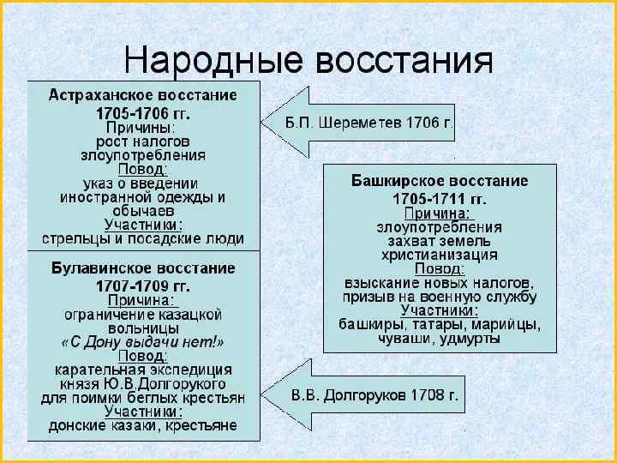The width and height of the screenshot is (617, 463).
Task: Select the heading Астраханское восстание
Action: pos(143,94)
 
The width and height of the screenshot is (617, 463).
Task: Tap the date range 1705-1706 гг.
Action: pos(143,111)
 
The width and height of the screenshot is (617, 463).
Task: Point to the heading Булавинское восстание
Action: pos(143,268)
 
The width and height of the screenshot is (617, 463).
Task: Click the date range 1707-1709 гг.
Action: pos(143,285)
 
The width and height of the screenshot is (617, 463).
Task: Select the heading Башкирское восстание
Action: pos(440,182)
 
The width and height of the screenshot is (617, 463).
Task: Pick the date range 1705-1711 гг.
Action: pos(440,198)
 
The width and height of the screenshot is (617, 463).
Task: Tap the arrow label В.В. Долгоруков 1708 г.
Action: pos(375,396)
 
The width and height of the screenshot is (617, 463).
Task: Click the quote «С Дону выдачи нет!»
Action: pos(143,342)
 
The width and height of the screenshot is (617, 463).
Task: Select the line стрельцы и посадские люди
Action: pos(143,238)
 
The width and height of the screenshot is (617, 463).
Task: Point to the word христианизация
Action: pos(440,255)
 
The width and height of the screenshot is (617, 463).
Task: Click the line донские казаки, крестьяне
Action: pos(143,425)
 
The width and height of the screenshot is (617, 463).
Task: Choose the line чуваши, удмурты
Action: pos(440,338)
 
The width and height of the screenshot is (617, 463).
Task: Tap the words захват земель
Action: pos(440,241)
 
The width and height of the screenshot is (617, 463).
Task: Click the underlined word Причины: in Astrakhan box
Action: pos(143,127)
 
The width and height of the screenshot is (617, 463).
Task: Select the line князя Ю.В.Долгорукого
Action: pos(143,383)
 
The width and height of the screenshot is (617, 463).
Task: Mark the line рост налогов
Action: pos(143,141)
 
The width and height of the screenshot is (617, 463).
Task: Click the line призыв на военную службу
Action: pos(440,297)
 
